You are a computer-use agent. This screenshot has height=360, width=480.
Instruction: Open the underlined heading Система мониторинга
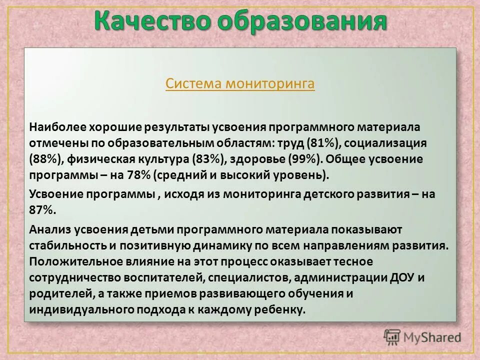(240, 83)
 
